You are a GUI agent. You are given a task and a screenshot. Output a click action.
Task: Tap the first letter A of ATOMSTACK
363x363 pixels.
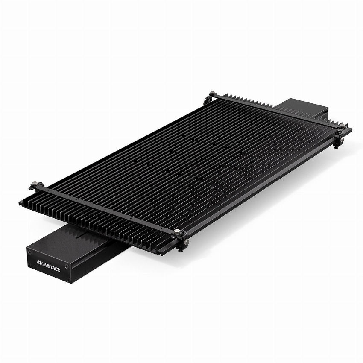tap(38, 261)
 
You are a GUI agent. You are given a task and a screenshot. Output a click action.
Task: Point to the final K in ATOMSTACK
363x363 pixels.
tap(59, 270)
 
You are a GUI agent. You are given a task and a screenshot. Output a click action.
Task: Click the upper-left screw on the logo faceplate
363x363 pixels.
tap(30, 253)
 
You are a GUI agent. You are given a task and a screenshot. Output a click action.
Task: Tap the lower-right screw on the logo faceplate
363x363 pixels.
tap(68, 281)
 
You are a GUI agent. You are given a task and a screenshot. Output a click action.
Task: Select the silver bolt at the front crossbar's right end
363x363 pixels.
tap(177, 232)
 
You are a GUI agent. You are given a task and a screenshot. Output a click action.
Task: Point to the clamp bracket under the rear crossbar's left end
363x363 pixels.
tap(208, 100)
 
